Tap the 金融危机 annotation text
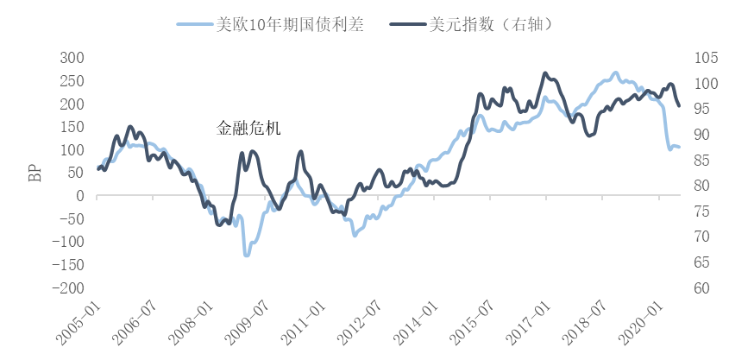(248, 129)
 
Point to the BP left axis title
(35, 173)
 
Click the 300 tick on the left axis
(72, 58)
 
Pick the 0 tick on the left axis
(79, 196)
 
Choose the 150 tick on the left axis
(72, 127)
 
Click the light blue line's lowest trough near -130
(246, 255)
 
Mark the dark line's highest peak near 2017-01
(545, 73)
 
